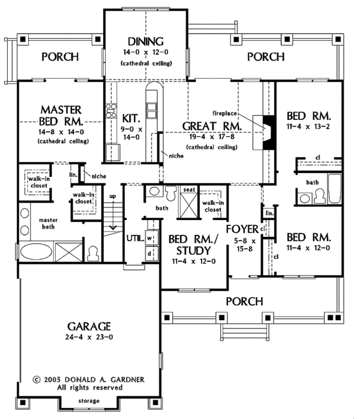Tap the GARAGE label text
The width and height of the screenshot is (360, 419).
click(x=89, y=327)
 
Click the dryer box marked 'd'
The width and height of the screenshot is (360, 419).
click(x=151, y=252)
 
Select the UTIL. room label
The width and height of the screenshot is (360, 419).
click(x=133, y=238)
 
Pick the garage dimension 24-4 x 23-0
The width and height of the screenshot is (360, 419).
click(x=89, y=339)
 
